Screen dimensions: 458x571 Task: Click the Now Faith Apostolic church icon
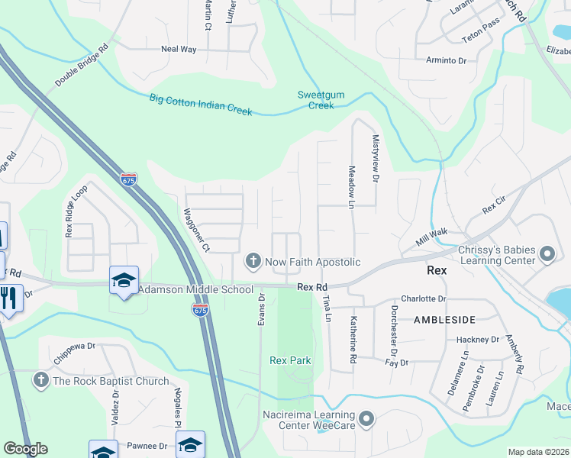point(253,262)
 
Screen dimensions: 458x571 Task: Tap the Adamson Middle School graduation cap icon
point(124,279)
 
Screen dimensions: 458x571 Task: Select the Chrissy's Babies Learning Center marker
point(547,254)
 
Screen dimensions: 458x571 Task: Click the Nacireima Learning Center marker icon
point(367,418)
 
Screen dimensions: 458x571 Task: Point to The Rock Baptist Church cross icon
point(41,379)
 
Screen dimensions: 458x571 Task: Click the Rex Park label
point(290,360)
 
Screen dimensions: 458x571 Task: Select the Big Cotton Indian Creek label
point(201,104)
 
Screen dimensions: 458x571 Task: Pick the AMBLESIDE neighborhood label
point(444,319)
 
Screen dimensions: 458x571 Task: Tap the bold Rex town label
point(437,270)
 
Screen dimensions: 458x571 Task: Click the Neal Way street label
point(179,49)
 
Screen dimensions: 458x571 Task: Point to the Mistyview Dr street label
point(375,163)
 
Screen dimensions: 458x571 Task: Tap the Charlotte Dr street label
point(423,298)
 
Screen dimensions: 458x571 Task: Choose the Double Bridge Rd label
point(82,64)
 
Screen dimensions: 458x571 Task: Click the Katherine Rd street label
point(353,340)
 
